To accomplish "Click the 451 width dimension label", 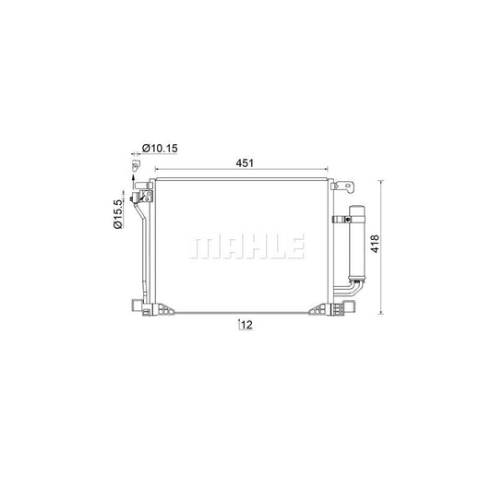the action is click(x=245, y=162).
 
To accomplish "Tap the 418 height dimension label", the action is click(x=375, y=244).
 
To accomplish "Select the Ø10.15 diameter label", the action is click(x=160, y=148).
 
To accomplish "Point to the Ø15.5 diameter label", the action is click(x=117, y=214).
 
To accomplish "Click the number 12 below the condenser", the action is click(x=247, y=325).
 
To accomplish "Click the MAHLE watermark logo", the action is click(x=247, y=246).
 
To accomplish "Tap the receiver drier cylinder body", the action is click(x=357, y=243).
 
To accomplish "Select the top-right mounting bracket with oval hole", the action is click(x=342, y=186).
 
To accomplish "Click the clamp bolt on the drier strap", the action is click(x=347, y=220).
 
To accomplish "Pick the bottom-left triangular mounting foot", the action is click(x=164, y=309).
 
